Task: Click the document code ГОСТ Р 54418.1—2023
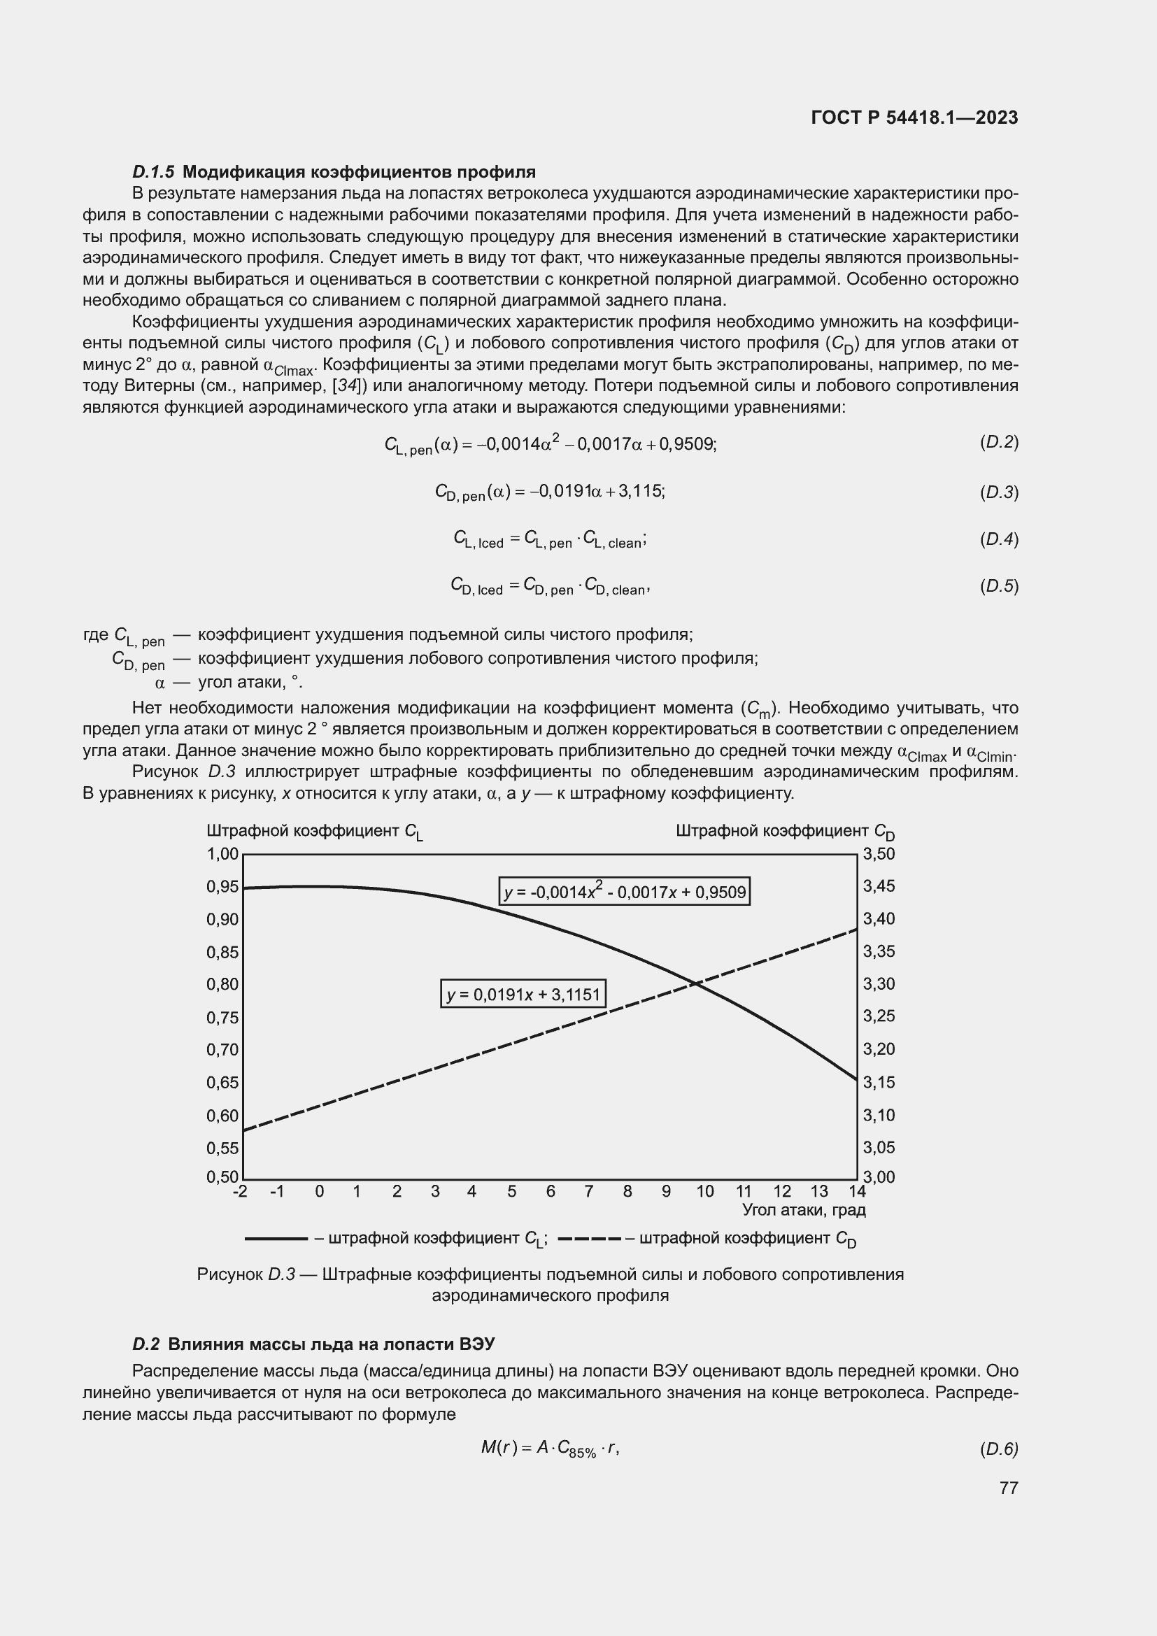914,118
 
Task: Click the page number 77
1008,1488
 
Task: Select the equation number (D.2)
999,443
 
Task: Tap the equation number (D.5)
999,586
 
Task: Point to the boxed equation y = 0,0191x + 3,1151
523,994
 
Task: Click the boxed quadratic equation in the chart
624,891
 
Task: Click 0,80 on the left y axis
222,984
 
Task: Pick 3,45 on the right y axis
879,885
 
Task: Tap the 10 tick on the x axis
704,1191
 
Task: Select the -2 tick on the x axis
240,1191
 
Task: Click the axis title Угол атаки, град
804,1210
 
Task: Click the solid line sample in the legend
276,1239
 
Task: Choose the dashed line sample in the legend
589,1239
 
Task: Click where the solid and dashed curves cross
695,984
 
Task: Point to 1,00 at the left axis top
222,853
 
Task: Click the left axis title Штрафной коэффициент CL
314,832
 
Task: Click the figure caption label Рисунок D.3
245,1274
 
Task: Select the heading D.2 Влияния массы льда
313,1344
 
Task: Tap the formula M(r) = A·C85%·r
550,1448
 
